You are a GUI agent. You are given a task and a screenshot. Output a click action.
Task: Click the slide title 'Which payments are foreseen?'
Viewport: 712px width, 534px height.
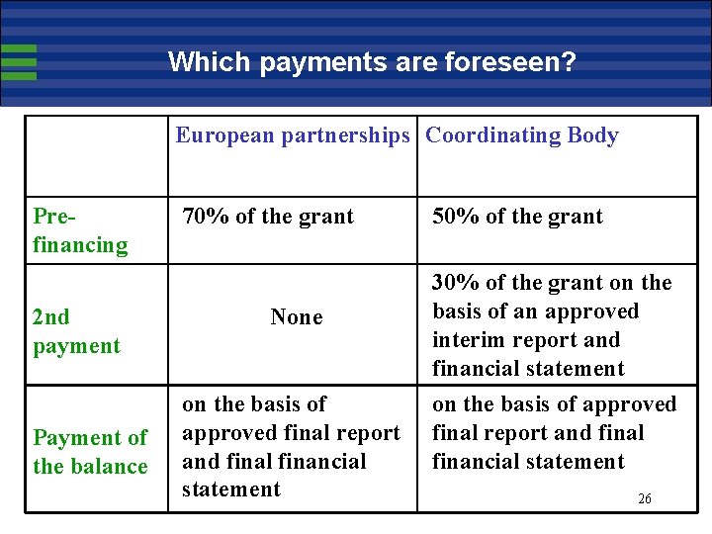click(x=372, y=62)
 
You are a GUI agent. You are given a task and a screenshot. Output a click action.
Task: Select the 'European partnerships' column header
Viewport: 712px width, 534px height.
click(x=292, y=135)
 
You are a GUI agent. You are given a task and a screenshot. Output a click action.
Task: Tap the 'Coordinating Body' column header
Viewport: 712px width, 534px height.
click(x=521, y=135)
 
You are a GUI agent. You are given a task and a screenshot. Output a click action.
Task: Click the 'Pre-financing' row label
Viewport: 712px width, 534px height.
click(x=80, y=230)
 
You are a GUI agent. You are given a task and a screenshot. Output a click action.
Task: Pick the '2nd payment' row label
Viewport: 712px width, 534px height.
click(x=76, y=331)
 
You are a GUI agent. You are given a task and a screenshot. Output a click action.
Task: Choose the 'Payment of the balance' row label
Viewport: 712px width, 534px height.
click(x=90, y=451)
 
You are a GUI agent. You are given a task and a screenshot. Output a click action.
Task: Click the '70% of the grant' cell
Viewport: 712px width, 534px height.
click(x=267, y=217)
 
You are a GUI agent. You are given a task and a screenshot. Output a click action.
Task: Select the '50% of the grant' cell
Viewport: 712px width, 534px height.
click(x=517, y=217)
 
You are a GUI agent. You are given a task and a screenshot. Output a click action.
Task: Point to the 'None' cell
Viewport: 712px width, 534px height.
click(x=297, y=317)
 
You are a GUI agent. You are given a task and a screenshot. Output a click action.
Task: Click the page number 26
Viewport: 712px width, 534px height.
click(x=645, y=499)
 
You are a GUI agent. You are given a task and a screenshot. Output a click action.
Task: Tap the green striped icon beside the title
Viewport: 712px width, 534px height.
click(x=19, y=62)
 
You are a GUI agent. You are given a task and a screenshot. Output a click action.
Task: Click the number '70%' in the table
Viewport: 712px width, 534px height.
click(x=203, y=217)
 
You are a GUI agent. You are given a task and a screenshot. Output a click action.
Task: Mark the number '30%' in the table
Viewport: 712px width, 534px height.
click(x=454, y=283)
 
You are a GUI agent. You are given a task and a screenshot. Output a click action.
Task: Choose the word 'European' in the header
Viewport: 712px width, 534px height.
click(x=225, y=135)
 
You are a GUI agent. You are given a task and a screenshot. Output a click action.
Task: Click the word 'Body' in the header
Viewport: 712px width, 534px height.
click(x=593, y=135)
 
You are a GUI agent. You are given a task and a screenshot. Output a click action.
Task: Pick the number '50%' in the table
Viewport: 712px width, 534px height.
click(x=454, y=217)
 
